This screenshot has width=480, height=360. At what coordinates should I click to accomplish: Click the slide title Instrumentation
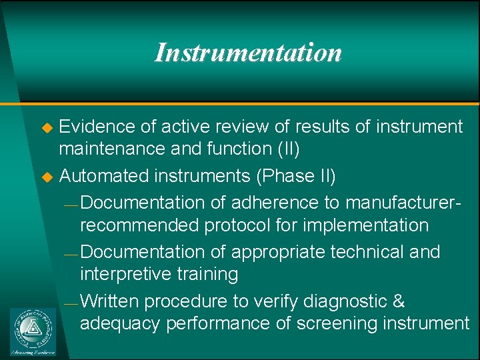[x=247, y=53]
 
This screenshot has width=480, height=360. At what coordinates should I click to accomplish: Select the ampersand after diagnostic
[x=399, y=301]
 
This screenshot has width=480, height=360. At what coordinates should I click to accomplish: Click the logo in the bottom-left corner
[x=33, y=331]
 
